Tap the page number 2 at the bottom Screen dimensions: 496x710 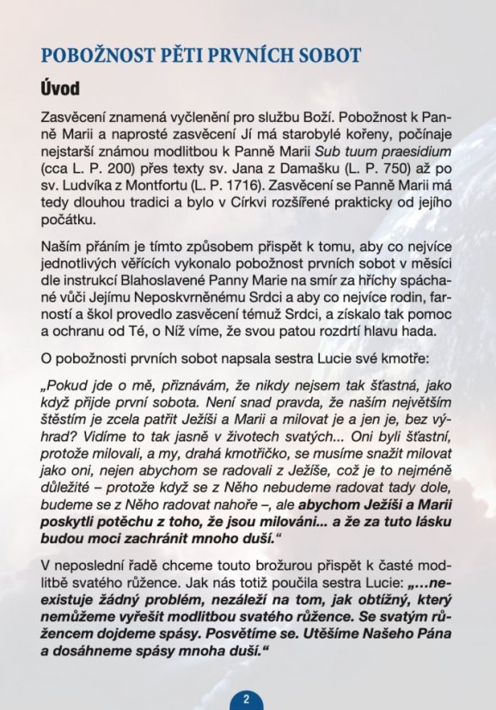(x=246, y=699)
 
